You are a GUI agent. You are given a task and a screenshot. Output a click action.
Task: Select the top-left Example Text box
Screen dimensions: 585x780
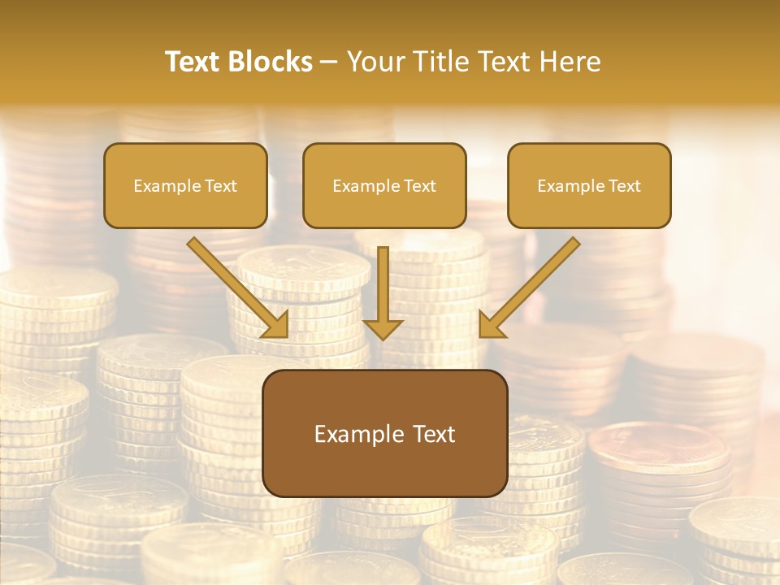click(x=185, y=186)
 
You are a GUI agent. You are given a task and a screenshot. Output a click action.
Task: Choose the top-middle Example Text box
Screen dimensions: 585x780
click(x=384, y=186)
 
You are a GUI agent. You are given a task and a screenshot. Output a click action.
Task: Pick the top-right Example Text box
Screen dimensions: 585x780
click(x=589, y=186)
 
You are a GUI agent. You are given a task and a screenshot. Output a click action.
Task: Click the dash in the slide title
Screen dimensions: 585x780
click(x=329, y=62)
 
